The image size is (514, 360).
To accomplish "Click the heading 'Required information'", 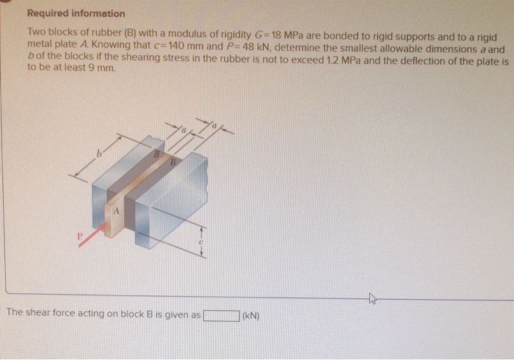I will click(x=76, y=13).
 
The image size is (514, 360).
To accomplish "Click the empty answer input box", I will click(x=222, y=317).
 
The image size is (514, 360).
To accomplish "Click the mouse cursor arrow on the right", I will click(x=372, y=298).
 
